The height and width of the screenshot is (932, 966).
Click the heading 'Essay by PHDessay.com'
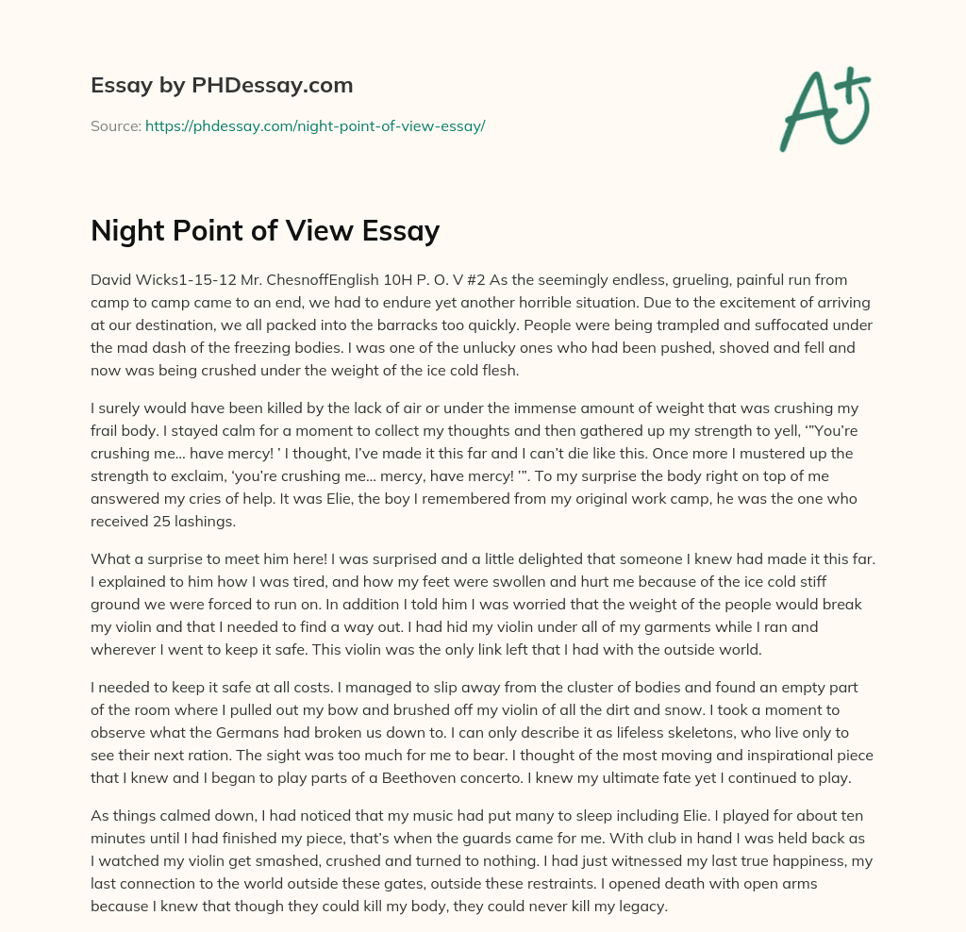222,86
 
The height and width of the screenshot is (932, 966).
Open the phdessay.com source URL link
315,125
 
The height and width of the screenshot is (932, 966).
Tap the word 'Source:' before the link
115,125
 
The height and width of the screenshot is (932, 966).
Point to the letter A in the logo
807,113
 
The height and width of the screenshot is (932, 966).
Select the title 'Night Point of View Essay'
265,231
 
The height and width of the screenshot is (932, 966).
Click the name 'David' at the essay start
110,280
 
